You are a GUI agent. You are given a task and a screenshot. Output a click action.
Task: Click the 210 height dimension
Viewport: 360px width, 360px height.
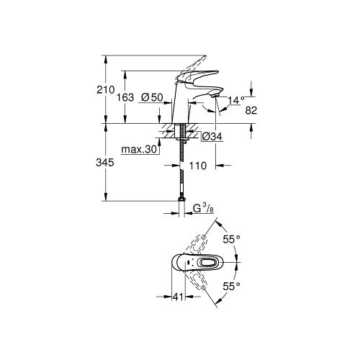(106, 90)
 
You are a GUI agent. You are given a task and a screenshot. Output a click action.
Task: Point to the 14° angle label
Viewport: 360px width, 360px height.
(236, 101)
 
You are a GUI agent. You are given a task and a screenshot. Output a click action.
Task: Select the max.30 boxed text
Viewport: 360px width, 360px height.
(138, 150)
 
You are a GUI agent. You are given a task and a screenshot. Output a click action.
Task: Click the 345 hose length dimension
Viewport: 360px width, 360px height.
(106, 163)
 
